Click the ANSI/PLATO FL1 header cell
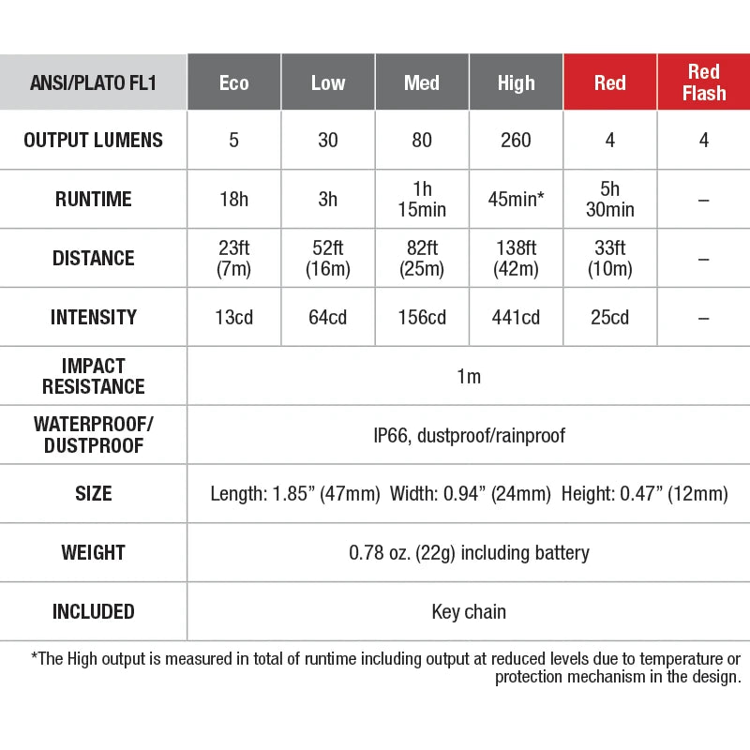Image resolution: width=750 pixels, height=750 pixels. pyautogui.click(x=94, y=82)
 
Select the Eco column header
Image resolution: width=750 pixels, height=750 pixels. pyautogui.click(x=234, y=82)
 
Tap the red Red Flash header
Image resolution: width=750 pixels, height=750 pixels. pyautogui.click(x=703, y=82)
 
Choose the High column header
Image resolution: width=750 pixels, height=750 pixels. pyautogui.click(x=516, y=82)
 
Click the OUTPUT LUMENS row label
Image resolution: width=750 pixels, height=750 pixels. pyautogui.click(x=94, y=141)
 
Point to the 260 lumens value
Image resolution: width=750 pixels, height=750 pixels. pyautogui.click(x=516, y=141)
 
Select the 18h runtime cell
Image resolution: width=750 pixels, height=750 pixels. pyautogui.click(x=234, y=200)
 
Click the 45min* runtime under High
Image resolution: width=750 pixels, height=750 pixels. pyautogui.click(x=516, y=200)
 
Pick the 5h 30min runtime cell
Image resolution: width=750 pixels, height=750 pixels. pyautogui.click(x=609, y=200)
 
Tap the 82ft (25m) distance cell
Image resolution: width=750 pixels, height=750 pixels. pyautogui.click(x=422, y=258)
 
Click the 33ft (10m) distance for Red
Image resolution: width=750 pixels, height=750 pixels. pyautogui.click(x=609, y=258)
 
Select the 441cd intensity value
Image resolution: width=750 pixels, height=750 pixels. pyautogui.click(x=516, y=318)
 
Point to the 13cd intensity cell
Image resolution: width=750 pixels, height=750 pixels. pyautogui.click(x=234, y=318)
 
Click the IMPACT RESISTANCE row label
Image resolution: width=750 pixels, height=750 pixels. pyautogui.click(x=94, y=376)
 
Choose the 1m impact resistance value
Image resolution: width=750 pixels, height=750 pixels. pyautogui.click(x=469, y=377)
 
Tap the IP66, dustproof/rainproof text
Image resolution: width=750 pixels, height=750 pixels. pyautogui.click(x=469, y=435)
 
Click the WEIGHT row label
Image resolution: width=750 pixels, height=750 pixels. pyautogui.click(x=94, y=553)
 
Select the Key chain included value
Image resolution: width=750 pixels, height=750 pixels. pyautogui.click(x=469, y=612)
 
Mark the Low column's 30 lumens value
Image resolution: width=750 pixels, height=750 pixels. pyautogui.click(x=328, y=141)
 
